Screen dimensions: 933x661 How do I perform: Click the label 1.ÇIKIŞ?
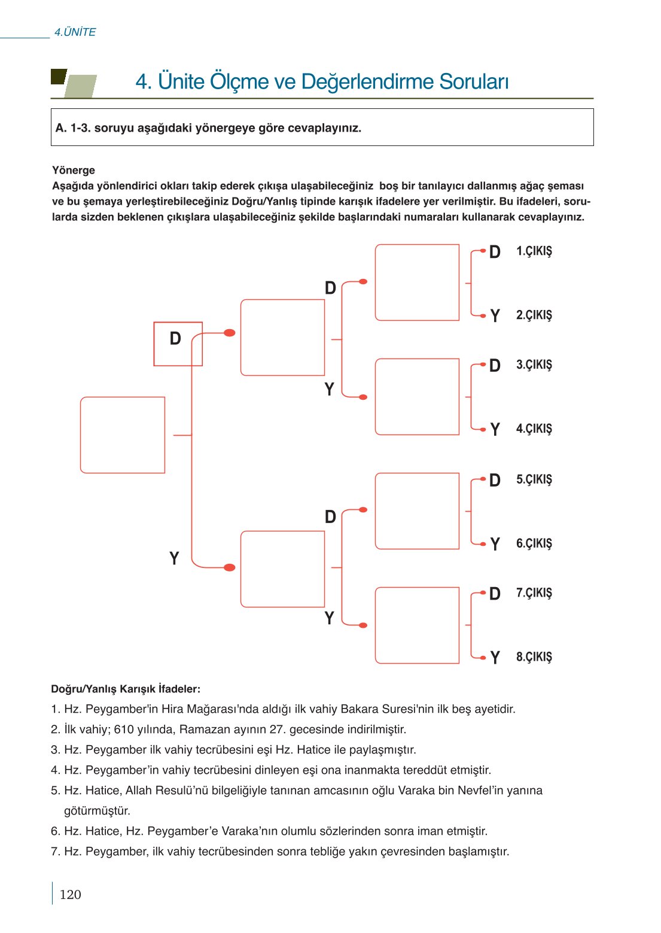[x=534, y=251]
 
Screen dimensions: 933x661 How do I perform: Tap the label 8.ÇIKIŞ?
[x=534, y=657]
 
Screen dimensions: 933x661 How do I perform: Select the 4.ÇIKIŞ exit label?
[x=534, y=429]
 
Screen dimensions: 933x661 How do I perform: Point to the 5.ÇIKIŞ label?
[x=534, y=480]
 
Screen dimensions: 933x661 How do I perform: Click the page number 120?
[x=70, y=895]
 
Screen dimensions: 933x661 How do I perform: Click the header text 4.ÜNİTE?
[x=75, y=32]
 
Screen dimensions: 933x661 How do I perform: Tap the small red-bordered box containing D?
[x=178, y=344]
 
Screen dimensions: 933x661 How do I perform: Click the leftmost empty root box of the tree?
[x=123, y=435]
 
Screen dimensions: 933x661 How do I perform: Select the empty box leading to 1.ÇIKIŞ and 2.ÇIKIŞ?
[x=417, y=282]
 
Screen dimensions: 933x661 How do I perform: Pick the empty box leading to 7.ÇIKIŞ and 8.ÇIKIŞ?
[x=417, y=625]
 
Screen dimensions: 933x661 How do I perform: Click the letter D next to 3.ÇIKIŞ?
[x=495, y=366]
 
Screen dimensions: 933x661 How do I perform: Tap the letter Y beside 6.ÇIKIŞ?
[x=495, y=544]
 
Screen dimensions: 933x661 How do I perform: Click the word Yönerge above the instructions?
[x=74, y=171]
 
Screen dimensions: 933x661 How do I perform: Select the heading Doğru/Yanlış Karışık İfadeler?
[x=126, y=689]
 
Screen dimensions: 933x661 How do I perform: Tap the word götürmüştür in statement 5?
[x=97, y=811]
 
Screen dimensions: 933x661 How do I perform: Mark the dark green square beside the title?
[x=58, y=77]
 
